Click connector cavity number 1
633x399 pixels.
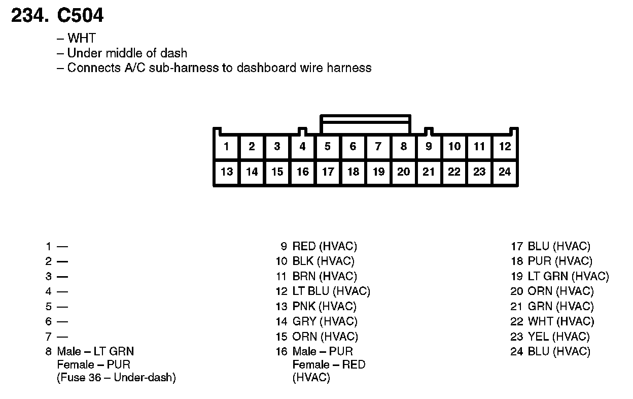[x=226, y=147]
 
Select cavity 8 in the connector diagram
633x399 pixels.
[x=403, y=147]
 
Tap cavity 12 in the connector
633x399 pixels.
[x=505, y=147]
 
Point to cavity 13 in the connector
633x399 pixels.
[x=226, y=172]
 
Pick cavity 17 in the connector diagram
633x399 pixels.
[x=328, y=172]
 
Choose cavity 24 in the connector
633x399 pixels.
[x=505, y=172]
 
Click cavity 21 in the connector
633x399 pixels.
[x=429, y=172]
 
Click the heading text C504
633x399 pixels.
[x=80, y=16]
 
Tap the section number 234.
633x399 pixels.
[x=30, y=16]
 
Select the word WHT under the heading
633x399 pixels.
[x=81, y=38]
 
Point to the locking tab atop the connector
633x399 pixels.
[x=365, y=122]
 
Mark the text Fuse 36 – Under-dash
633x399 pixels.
[x=116, y=378]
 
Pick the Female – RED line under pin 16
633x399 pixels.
[x=329, y=364]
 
